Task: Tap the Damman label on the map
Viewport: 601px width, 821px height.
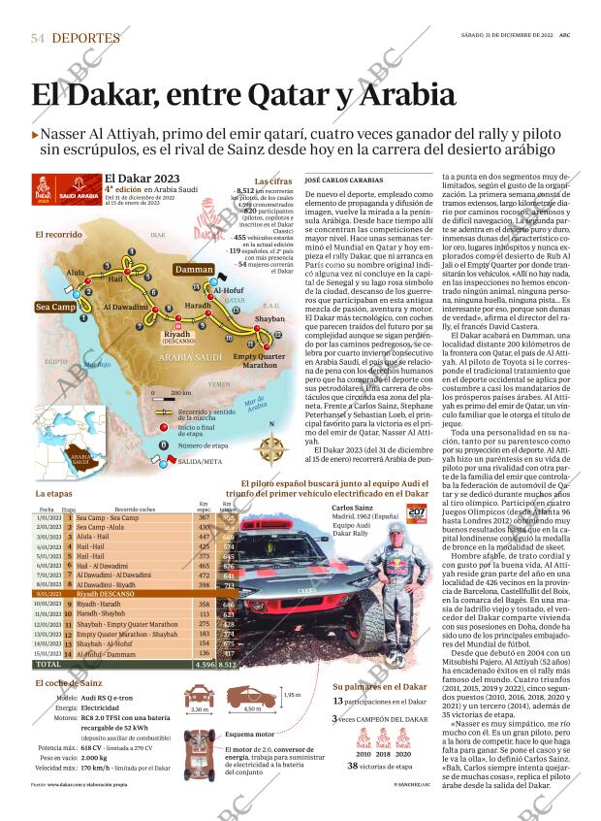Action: pyautogui.click(x=194, y=269)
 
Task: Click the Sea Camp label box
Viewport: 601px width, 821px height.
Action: pyautogui.click(x=55, y=307)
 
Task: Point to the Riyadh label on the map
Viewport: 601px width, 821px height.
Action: pyautogui.click(x=177, y=334)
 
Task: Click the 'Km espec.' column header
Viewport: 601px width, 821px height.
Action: pyautogui.click(x=204, y=507)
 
